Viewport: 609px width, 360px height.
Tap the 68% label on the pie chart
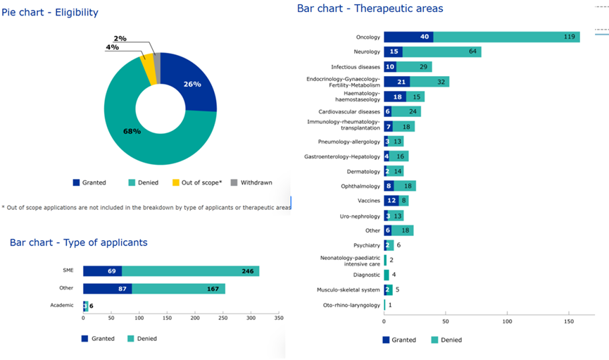pos(132,131)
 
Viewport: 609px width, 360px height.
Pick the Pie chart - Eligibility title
pos(50,13)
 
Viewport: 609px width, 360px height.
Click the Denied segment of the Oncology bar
pos(506,37)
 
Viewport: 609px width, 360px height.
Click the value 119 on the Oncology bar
pos(569,37)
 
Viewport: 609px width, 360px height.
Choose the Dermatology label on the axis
pos(363,171)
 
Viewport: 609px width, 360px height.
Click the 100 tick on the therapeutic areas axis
pos(507,321)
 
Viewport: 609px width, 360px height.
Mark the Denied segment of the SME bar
pos(190,271)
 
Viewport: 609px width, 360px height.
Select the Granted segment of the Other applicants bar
pos(107,289)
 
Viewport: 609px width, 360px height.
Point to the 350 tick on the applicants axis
pos(279,318)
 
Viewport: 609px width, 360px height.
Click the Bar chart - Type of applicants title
pos(79,242)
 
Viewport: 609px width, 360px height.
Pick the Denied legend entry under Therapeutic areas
pos(445,340)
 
